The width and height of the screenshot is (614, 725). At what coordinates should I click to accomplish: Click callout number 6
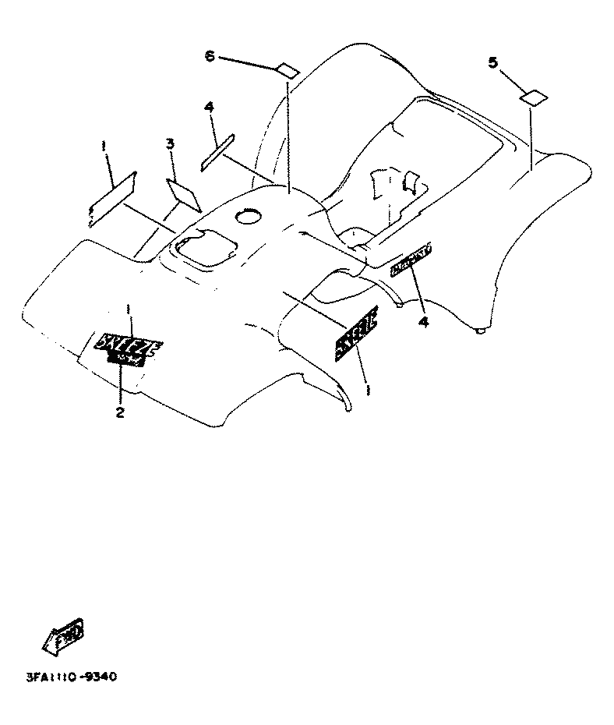point(209,56)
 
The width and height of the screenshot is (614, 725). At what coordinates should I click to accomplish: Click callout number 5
point(492,63)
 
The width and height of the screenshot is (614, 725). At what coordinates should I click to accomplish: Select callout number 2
point(120,412)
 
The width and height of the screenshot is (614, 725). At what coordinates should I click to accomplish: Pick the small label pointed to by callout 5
point(534,97)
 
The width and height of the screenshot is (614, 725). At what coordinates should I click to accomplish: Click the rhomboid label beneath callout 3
point(184,195)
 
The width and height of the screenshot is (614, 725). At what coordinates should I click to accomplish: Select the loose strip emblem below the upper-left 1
point(112,196)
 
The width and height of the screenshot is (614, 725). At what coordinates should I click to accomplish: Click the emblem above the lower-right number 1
point(357,334)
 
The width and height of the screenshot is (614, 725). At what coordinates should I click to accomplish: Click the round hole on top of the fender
point(250,215)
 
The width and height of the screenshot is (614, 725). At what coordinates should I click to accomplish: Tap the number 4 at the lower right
point(423,321)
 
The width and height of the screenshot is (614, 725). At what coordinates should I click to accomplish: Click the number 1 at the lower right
point(367,385)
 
